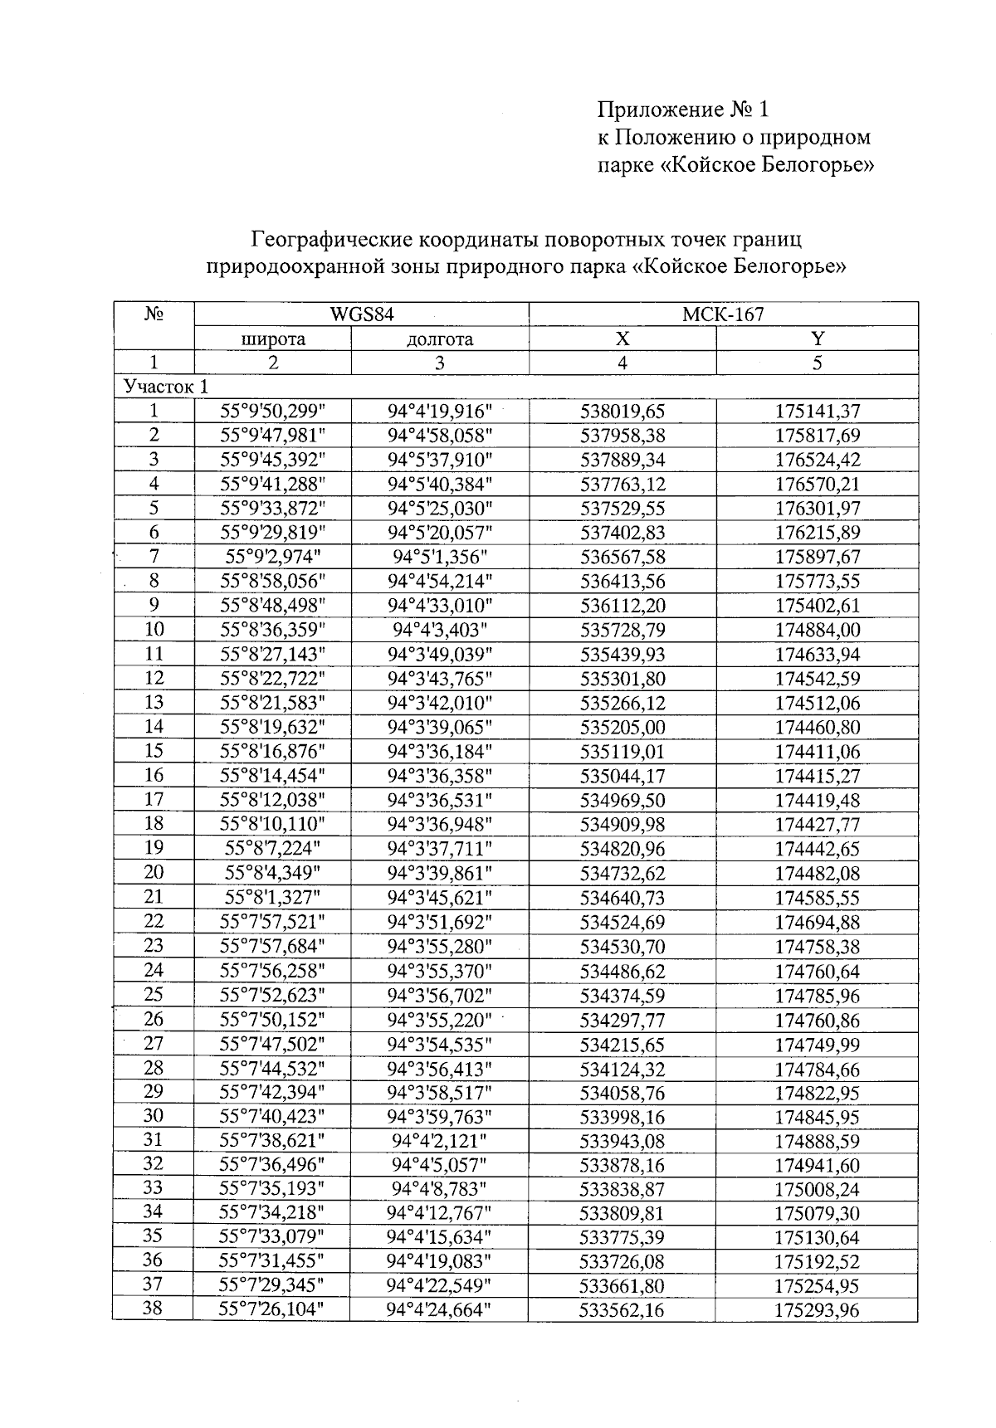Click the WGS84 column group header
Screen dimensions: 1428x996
pos(361,314)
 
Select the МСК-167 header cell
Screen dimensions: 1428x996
pos(723,314)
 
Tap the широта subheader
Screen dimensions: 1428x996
pos(272,339)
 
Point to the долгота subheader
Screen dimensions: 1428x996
pos(440,339)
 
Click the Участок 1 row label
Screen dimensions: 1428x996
pos(166,387)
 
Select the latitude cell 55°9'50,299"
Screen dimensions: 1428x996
pos(272,411)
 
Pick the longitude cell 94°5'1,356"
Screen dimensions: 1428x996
pos(440,557)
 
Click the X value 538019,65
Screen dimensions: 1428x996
pos(622,411)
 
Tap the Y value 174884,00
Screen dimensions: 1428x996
pos(818,630)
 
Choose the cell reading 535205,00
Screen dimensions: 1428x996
pos(622,728)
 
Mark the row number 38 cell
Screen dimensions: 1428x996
pos(154,1309)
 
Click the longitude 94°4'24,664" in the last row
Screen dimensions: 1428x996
pos(440,1310)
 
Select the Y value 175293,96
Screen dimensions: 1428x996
pos(818,1311)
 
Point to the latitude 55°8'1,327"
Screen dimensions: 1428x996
pos(272,897)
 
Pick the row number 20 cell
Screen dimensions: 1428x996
pos(154,872)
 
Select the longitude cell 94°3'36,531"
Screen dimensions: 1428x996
pos(440,800)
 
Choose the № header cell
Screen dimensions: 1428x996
pos(154,315)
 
